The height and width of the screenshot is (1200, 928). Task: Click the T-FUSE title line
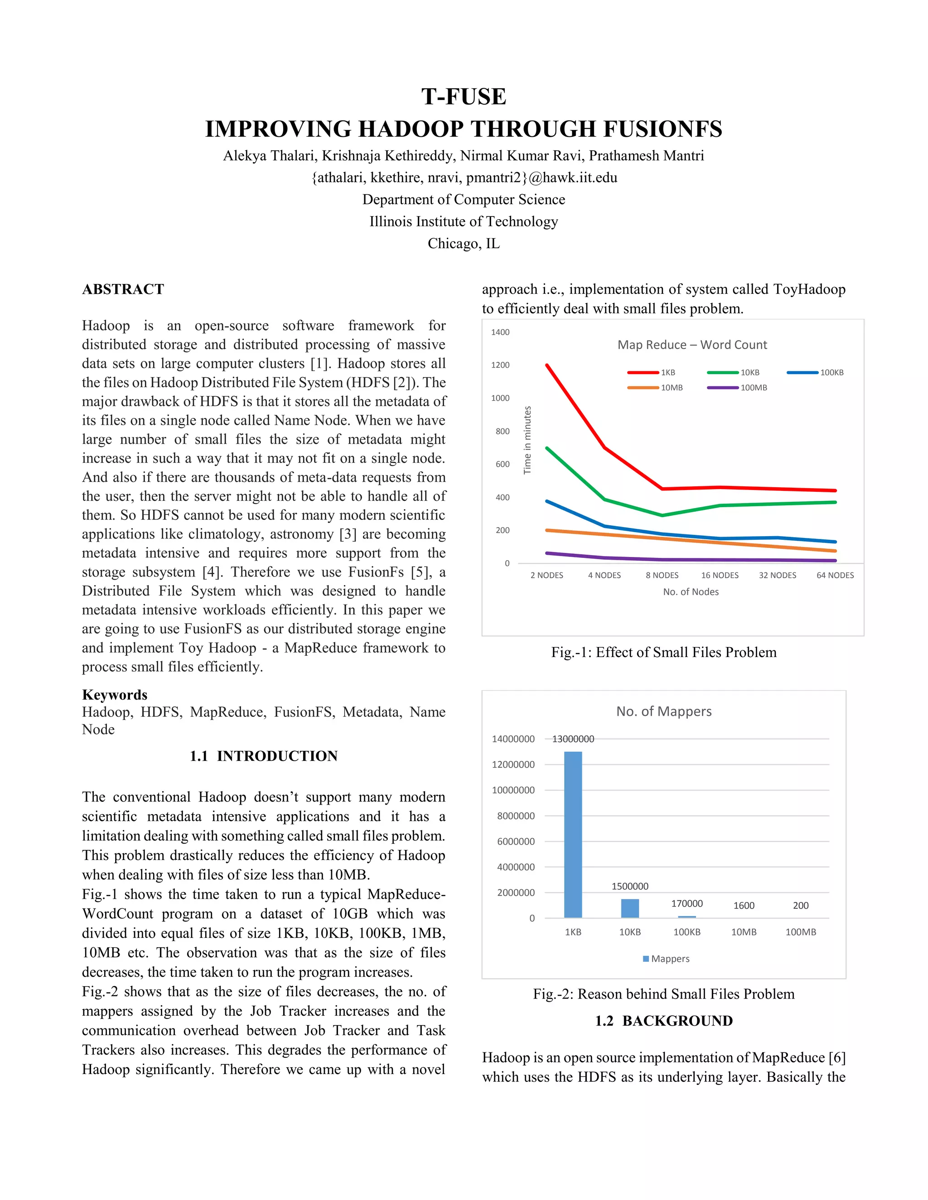464,97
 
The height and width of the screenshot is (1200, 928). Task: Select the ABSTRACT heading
123,289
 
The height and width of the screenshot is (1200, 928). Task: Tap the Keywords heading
115,695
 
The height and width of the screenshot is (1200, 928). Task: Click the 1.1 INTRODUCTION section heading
264,756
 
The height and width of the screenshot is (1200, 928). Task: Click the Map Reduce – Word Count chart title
692,345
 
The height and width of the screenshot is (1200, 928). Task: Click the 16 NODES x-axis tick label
720,575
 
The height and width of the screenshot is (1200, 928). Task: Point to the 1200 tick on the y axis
500,365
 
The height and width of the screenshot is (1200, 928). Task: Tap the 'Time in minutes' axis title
528,440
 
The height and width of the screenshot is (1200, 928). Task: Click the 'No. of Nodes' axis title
691,592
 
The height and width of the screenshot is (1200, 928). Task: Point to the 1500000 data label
630,886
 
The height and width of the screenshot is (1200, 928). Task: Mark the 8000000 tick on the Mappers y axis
516,816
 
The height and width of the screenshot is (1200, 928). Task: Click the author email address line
464,178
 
